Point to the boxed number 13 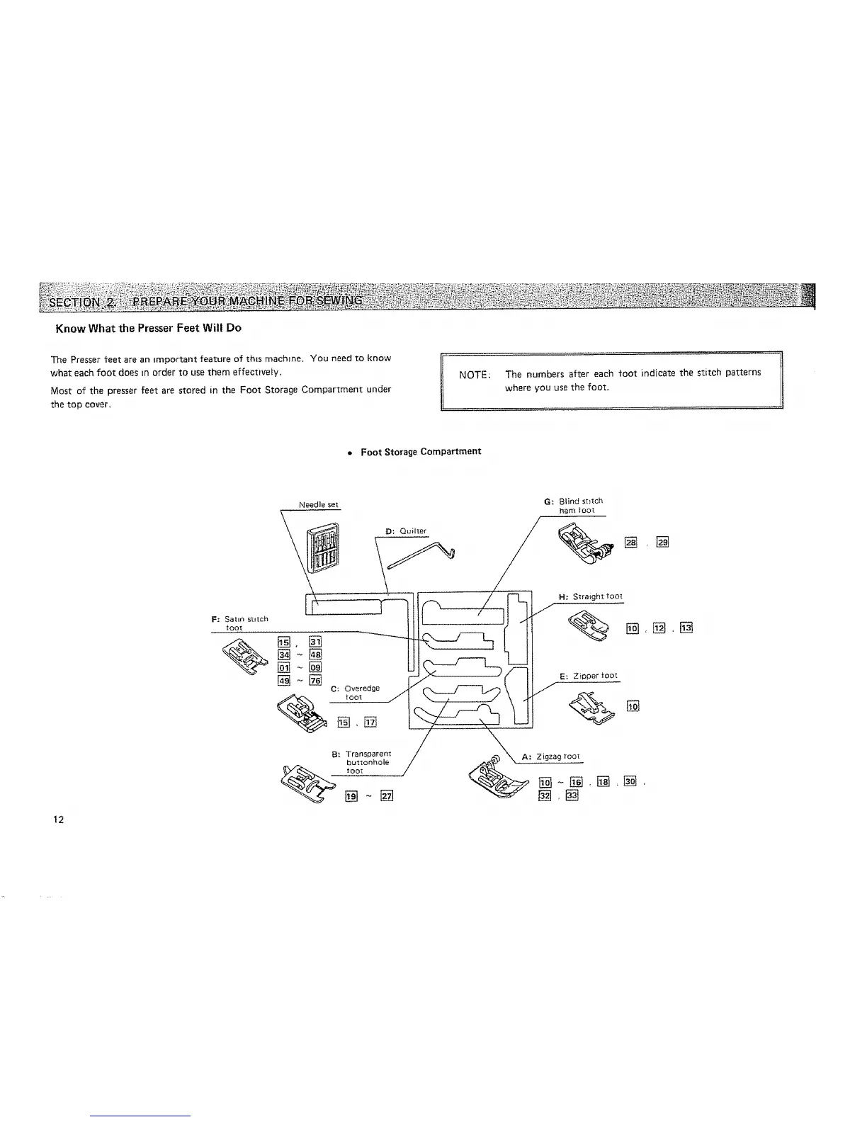click(x=686, y=628)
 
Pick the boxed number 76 click(x=315, y=681)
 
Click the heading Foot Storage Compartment click(x=421, y=451)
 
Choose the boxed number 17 click(x=370, y=722)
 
